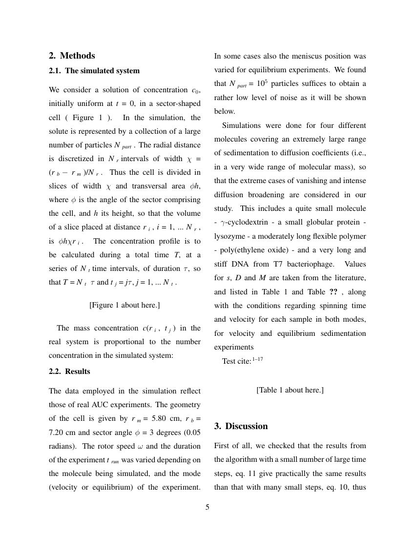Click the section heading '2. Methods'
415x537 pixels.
tap(72, 56)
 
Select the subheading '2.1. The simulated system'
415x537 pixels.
tap(94, 71)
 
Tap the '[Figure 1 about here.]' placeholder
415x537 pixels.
tap(124, 305)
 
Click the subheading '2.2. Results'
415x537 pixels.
tap(69, 372)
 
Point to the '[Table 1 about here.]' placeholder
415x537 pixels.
tap(290, 390)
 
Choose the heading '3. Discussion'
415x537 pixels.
tap(241, 426)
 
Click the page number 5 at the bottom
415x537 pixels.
tap(207, 507)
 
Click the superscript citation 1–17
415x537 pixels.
tap(258, 359)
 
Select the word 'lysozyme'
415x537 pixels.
tap(229, 236)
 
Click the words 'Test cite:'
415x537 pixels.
tap(236, 361)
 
